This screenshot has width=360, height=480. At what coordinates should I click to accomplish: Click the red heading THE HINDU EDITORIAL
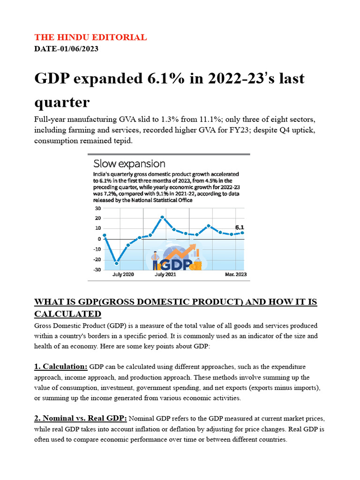pos(90,37)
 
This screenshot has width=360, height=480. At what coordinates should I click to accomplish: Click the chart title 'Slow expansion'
pos(129,164)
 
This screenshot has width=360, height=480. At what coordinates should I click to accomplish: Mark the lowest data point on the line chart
pos(117,263)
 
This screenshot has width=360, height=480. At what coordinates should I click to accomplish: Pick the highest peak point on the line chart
pos(162,217)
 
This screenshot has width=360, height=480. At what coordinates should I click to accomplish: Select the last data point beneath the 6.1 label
pos(242,232)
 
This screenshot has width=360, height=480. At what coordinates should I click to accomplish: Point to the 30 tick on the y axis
pos(97,208)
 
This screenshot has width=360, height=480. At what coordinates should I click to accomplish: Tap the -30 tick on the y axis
pos(97,270)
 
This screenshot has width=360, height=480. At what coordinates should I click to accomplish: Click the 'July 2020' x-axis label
pos(123,275)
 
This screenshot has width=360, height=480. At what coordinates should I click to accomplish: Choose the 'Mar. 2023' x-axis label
pos(235,275)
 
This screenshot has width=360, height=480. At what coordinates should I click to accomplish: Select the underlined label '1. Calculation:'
pos(61,366)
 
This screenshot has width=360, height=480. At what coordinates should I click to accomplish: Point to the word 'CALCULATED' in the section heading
pos(67,314)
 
